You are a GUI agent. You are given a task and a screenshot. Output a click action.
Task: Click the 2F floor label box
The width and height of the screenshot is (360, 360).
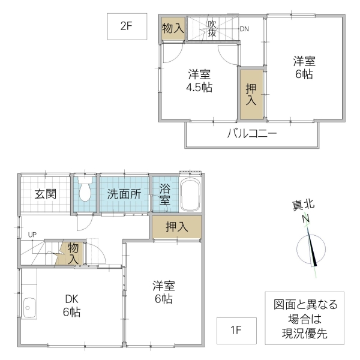click(127, 26)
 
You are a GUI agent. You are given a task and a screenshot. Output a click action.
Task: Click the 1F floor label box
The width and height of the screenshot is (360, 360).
click(237, 329)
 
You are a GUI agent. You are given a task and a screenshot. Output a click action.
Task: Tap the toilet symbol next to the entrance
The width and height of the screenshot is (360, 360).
click(85, 191)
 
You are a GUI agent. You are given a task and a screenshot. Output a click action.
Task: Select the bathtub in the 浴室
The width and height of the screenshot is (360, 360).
click(190, 194)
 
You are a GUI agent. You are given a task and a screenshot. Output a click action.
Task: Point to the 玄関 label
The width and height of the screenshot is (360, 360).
click(44, 194)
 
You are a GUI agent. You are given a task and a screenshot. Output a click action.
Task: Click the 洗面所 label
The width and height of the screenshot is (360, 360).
click(124, 194)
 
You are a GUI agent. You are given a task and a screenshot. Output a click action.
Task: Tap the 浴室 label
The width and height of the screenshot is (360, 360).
click(165, 194)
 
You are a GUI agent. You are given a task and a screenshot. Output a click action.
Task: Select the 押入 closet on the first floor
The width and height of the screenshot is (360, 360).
click(176, 227)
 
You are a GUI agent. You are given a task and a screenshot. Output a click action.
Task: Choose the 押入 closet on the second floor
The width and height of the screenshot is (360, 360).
click(251, 94)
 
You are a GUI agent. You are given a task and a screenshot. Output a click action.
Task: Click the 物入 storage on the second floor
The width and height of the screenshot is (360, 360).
click(173, 29)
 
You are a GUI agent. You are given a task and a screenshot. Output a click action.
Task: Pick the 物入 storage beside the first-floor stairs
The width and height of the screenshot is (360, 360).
click(73, 253)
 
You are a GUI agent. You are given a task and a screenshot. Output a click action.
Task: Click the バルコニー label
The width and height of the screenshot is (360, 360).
click(251, 133)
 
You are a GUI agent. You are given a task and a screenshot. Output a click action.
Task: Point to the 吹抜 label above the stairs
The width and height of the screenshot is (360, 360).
click(212, 29)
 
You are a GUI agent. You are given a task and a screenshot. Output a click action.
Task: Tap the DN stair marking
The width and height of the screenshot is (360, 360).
click(244, 29)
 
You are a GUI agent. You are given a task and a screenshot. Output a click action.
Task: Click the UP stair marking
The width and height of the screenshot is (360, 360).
click(31, 235)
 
